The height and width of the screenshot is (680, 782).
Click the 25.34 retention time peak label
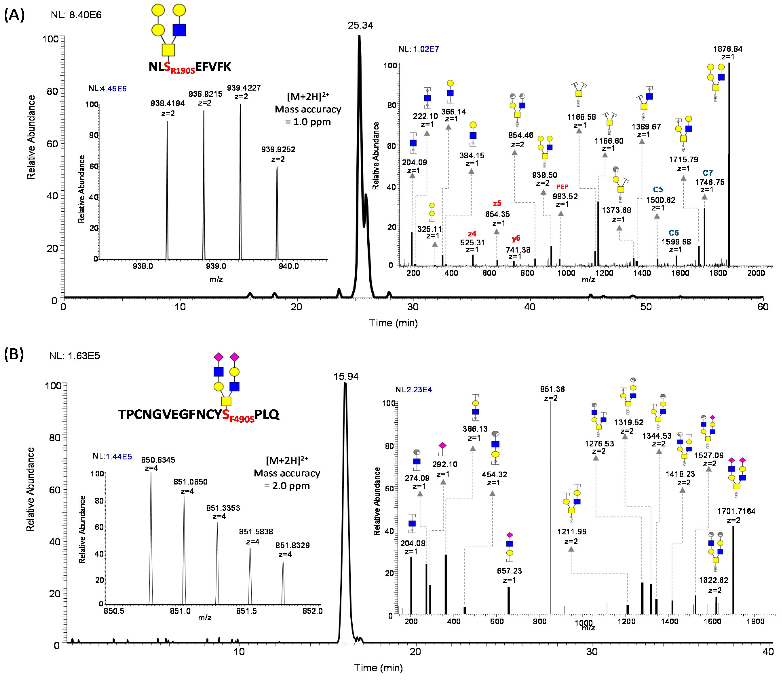click(360, 25)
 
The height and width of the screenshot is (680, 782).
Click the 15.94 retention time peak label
click(346, 376)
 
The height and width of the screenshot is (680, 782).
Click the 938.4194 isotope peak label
click(167, 103)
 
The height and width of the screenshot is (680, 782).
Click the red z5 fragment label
click(497, 203)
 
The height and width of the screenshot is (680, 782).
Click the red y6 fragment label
click(516, 238)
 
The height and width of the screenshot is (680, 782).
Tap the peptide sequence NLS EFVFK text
click(190, 67)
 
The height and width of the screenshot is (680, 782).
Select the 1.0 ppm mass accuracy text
click(308, 122)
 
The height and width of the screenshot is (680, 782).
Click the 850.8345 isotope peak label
click(158, 460)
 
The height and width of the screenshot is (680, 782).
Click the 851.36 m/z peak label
click(552, 389)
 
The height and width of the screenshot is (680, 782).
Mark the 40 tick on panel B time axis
click(768, 652)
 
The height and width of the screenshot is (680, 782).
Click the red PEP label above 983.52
click(562, 186)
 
